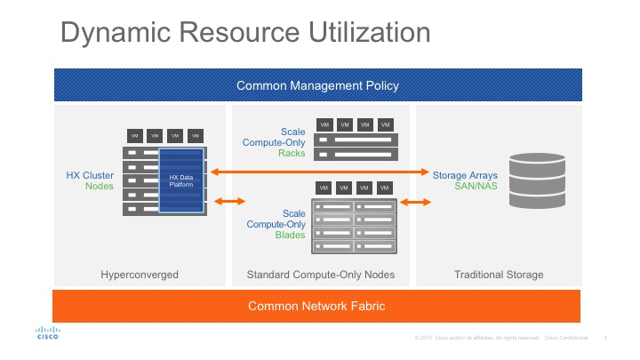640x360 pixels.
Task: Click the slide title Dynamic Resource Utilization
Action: click(x=244, y=33)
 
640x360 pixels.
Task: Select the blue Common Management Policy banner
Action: click(x=317, y=85)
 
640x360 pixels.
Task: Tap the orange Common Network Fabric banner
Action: click(x=317, y=306)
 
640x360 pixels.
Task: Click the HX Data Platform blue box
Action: click(x=180, y=181)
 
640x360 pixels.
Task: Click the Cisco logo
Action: click(x=47, y=332)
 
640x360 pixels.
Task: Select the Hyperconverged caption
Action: click(x=140, y=275)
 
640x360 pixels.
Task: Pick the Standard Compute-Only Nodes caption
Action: click(x=320, y=275)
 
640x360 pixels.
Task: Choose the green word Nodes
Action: click(x=100, y=187)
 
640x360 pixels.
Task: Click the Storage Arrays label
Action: click(x=465, y=176)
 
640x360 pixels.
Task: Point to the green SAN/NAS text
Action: click(x=465, y=188)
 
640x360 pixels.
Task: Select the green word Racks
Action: click(x=291, y=153)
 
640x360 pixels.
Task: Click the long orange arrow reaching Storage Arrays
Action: click(x=319, y=171)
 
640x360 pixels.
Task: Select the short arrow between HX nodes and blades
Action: click(x=230, y=202)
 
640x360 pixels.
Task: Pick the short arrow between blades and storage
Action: click(x=415, y=202)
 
